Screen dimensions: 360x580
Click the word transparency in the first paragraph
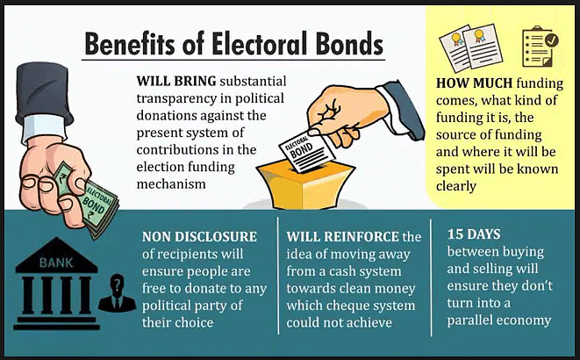179,98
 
